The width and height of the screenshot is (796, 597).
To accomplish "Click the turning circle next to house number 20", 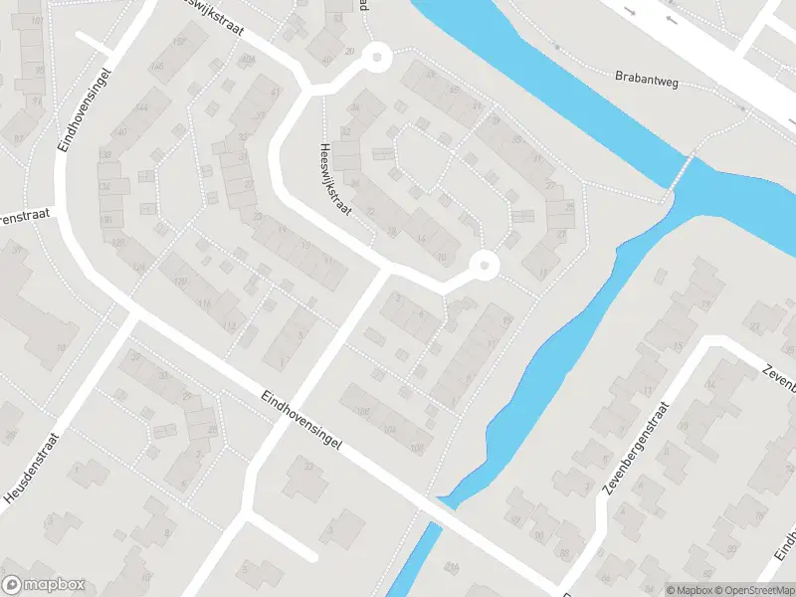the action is coord(377,58).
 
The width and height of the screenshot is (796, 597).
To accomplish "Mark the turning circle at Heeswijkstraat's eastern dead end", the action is coord(484,265).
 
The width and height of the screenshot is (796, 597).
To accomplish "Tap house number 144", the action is coord(142,107).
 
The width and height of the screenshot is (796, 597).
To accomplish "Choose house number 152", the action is coord(180,41).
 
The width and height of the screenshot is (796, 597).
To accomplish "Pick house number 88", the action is coord(61,347).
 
